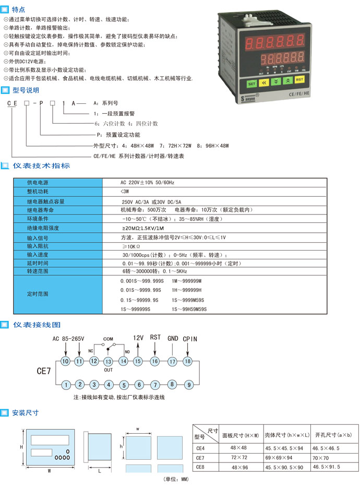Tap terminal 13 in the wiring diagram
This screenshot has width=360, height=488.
click(x=109, y=361)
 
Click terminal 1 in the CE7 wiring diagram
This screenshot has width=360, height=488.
click(x=66, y=385)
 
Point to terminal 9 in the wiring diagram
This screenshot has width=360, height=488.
click(x=189, y=385)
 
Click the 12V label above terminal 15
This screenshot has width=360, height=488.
click(x=139, y=338)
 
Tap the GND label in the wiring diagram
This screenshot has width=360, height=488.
click(x=173, y=338)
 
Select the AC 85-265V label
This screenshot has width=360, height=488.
click(x=68, y=338)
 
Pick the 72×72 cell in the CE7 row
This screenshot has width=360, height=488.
click(x=238, y=457)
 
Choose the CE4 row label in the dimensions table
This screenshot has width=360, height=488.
click(x=200, y=448)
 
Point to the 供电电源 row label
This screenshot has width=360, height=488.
click(x=38, y=183)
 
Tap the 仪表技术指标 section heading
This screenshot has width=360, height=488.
click(x=41, y=166)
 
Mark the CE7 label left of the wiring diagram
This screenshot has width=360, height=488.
click(x=43, y=372)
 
